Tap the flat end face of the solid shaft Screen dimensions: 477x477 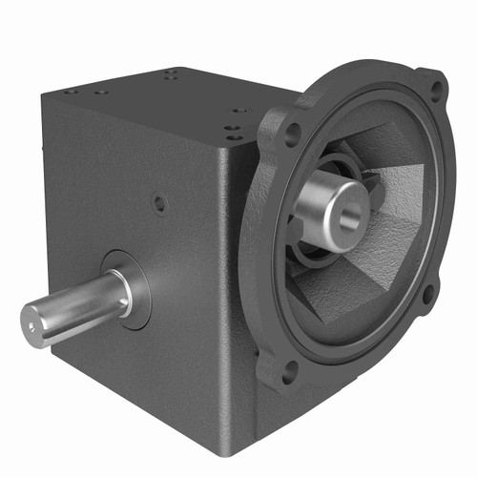tap(37, 321)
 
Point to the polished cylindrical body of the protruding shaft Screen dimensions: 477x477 tap(76, 302)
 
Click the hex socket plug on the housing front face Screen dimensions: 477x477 tap(160, 202)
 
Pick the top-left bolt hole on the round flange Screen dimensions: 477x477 tap(292, 133)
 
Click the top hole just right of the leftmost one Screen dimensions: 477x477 tap(99, 93)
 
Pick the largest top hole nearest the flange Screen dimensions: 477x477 tap(238, 111)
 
